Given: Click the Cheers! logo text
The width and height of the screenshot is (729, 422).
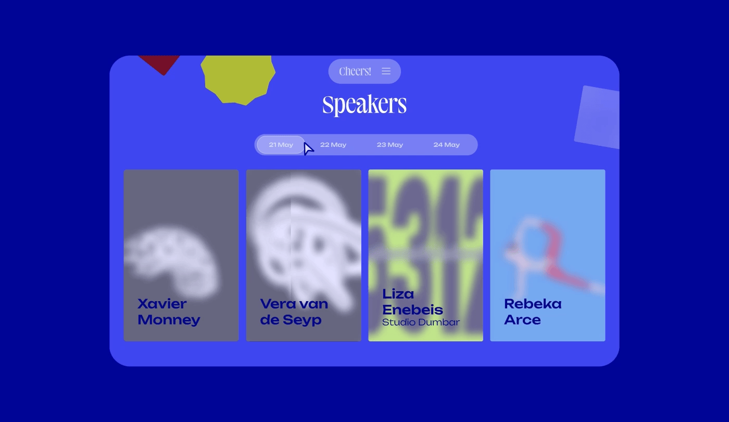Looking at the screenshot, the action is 355,71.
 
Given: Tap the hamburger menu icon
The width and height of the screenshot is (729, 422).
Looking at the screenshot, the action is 386,71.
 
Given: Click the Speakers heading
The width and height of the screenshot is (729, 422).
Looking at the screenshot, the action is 364,105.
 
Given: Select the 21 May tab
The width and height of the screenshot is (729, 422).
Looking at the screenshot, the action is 281,145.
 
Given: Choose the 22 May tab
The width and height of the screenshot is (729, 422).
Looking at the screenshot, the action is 333,145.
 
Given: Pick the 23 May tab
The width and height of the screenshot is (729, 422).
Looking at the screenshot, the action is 389,145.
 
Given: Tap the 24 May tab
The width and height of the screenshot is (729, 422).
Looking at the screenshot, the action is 446,145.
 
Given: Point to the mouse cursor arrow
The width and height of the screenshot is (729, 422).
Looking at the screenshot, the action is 308,149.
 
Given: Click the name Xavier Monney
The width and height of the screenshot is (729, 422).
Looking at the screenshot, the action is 169,312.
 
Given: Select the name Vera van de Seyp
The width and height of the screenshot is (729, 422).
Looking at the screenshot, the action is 294,312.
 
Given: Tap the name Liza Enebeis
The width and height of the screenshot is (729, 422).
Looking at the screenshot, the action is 412,302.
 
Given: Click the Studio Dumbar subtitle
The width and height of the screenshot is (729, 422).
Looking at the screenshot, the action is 421,322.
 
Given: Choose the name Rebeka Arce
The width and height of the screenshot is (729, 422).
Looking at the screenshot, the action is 533,312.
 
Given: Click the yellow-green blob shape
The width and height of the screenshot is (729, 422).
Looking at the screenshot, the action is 238,80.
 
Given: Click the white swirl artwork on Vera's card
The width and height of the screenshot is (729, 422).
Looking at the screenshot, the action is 304,241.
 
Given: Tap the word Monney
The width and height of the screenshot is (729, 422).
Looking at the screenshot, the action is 169,320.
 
